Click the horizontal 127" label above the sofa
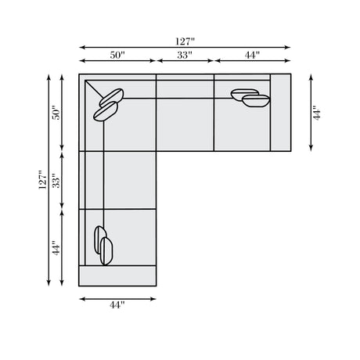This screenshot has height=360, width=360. click(x=185, y=41)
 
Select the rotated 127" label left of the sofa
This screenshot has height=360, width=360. click(x=42, y=180)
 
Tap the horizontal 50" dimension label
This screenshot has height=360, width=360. click(x=117, y=55)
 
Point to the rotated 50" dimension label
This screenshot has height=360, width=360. click(x=56, y=113)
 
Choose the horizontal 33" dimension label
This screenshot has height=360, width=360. click(x=185, y=55)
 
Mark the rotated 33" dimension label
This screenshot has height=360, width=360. click(x=56, y=180)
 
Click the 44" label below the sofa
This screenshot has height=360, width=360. click(x=117, y=304)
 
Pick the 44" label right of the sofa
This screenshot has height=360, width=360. click(x=317, y=113)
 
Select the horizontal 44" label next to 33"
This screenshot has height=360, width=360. click(x=252, y=55)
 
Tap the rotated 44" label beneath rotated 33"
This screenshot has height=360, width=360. click(x=56, y=248)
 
